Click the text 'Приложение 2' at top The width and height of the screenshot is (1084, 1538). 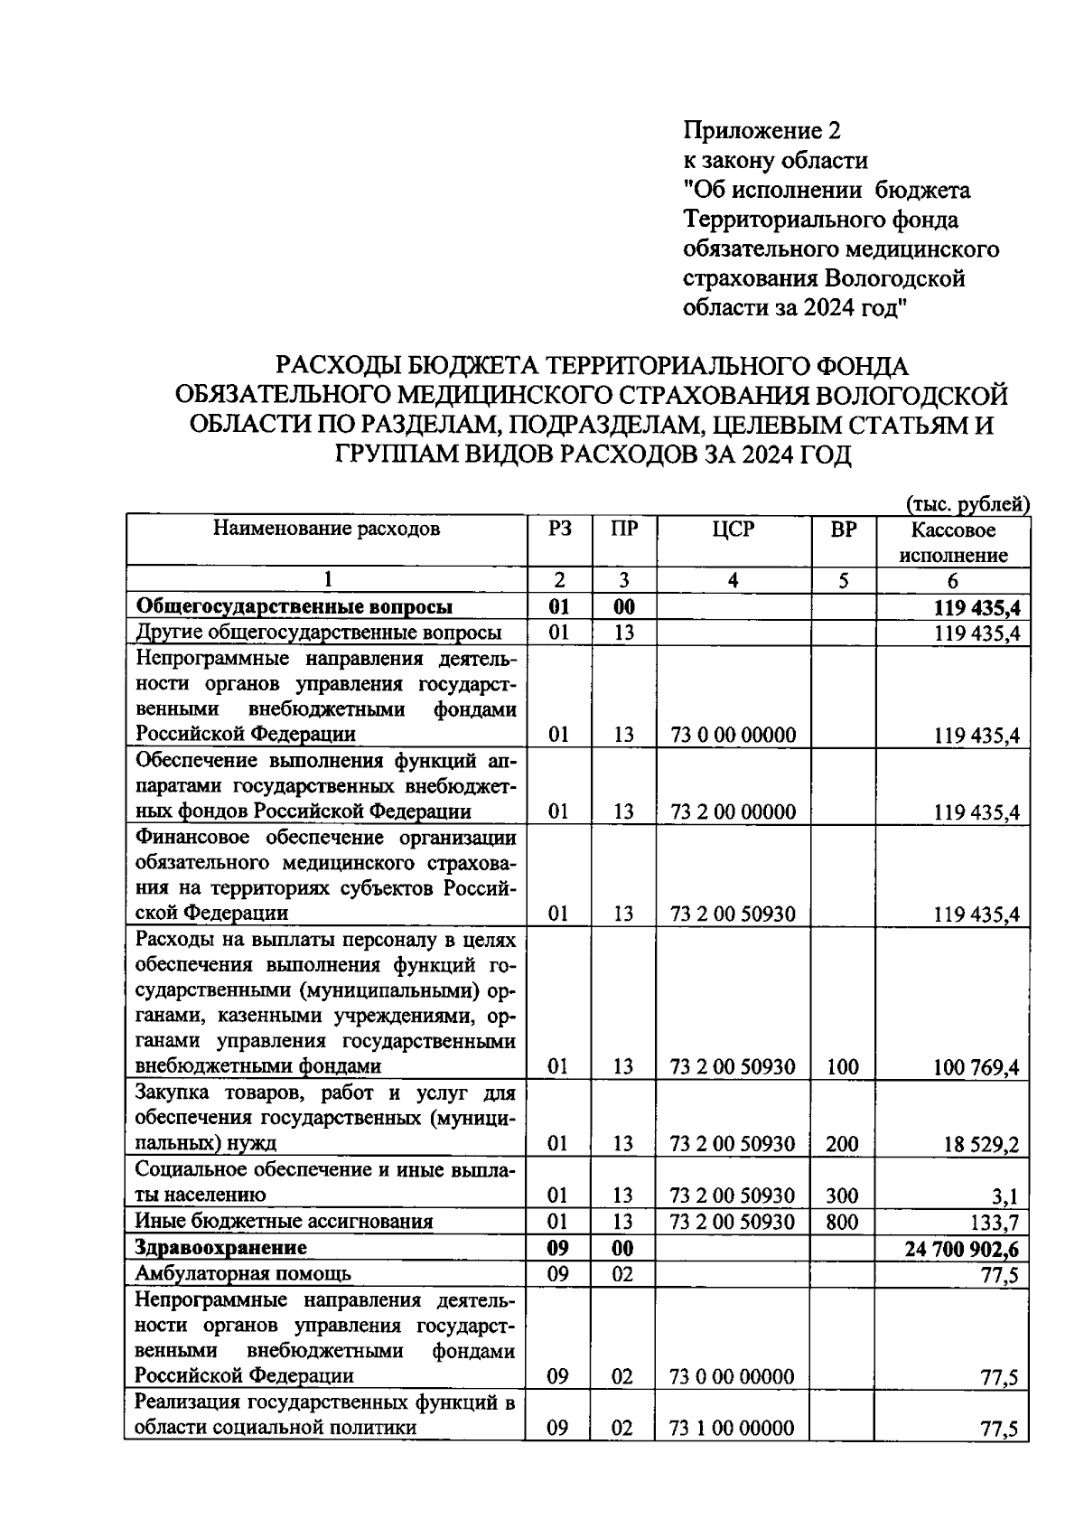[762, 131]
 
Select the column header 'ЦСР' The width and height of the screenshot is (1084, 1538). [733, 530]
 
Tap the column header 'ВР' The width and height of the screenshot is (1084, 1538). [843, 530]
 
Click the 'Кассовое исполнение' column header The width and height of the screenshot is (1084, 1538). [952, 542]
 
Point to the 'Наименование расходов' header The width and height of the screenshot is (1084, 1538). [326, 529]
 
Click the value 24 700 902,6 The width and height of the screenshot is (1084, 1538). [961, 1249]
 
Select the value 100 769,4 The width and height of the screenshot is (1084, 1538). [976, 1068]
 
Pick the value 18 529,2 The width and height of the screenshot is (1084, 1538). [981, 1145]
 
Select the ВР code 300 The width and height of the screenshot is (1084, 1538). [842, 1196]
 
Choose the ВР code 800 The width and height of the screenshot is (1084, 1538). [842, 1223]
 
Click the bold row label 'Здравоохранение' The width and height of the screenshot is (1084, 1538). [220, 1248]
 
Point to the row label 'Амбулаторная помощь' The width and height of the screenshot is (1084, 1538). [243, 1274]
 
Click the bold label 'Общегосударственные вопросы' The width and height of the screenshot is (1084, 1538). [294, 606]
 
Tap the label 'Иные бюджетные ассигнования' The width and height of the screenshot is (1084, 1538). [284, 1222]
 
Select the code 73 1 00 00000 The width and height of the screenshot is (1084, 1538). [733, 1429]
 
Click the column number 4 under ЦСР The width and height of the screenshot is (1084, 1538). [733, 581]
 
